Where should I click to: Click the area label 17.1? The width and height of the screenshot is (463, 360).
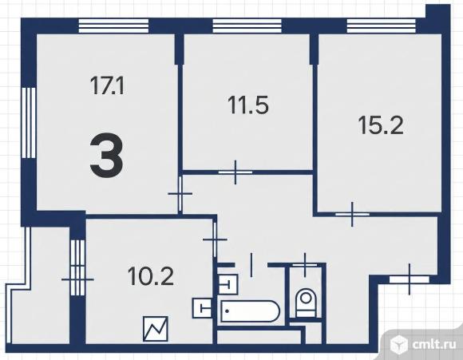(x=107, y=85)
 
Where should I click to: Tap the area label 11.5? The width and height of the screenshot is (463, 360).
(x=248, y=105)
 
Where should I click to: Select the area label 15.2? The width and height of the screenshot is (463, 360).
(x=381, y=125)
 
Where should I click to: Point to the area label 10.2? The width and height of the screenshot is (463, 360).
(x=151, y=276)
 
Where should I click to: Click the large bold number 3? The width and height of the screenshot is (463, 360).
(x=106, y=158)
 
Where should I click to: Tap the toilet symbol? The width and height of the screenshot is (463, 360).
(x=307, y=303)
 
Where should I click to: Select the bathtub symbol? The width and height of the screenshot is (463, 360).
(x=250, y=311)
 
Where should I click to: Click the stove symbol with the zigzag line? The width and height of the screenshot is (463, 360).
(x=156, y=329)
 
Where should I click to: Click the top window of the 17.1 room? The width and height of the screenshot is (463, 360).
(x=113, y=26)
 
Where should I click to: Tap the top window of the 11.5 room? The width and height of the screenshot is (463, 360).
(x=247, y=26)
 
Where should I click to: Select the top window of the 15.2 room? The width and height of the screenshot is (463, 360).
(x=382, y=26)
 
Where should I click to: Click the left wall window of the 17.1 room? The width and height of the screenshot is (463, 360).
(x=29, y=123)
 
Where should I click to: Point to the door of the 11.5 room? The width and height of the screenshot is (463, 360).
(x=235, y=172)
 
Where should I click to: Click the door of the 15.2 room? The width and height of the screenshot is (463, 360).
(x=352, y=214)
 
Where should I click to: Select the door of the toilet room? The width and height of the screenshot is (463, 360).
(x=305, y=265)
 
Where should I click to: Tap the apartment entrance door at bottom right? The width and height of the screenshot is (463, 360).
(x=410, y=279)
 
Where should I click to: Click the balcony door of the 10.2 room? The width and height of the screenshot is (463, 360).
(x=77, y=279)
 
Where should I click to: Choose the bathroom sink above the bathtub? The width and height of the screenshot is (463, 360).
(x=228, y=284)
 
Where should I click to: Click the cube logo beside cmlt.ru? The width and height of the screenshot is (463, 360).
(x=398, y=344)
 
